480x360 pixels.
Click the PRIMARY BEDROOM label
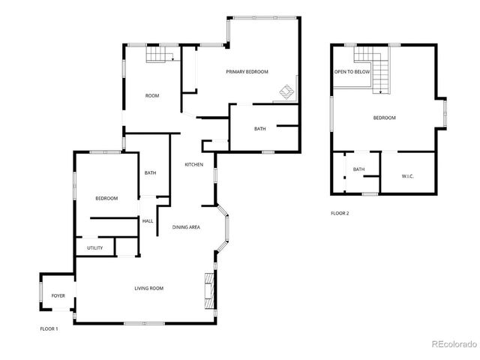tap(247, 71)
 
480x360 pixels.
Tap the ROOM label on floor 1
tap(152, 95)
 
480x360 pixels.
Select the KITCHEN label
tap(194, 165)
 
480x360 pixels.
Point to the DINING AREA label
tap(186, 226)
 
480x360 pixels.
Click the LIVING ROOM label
tap(149, 288)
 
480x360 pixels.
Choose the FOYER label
tap(58, 295)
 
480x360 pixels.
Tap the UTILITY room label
tap(94, 247)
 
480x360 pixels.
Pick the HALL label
tap(148, 220)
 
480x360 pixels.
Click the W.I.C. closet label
tap(408, 176)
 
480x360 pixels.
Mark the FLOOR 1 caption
tap(49, 328)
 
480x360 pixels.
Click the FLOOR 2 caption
tap(340, 213)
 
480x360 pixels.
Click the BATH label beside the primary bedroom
tap(259, 129)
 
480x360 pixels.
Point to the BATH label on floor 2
tap(358, 169)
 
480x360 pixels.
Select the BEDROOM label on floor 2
tap(385, 118)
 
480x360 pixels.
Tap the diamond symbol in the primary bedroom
tap(287, 92)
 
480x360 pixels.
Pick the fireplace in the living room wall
tap(208, 286)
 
